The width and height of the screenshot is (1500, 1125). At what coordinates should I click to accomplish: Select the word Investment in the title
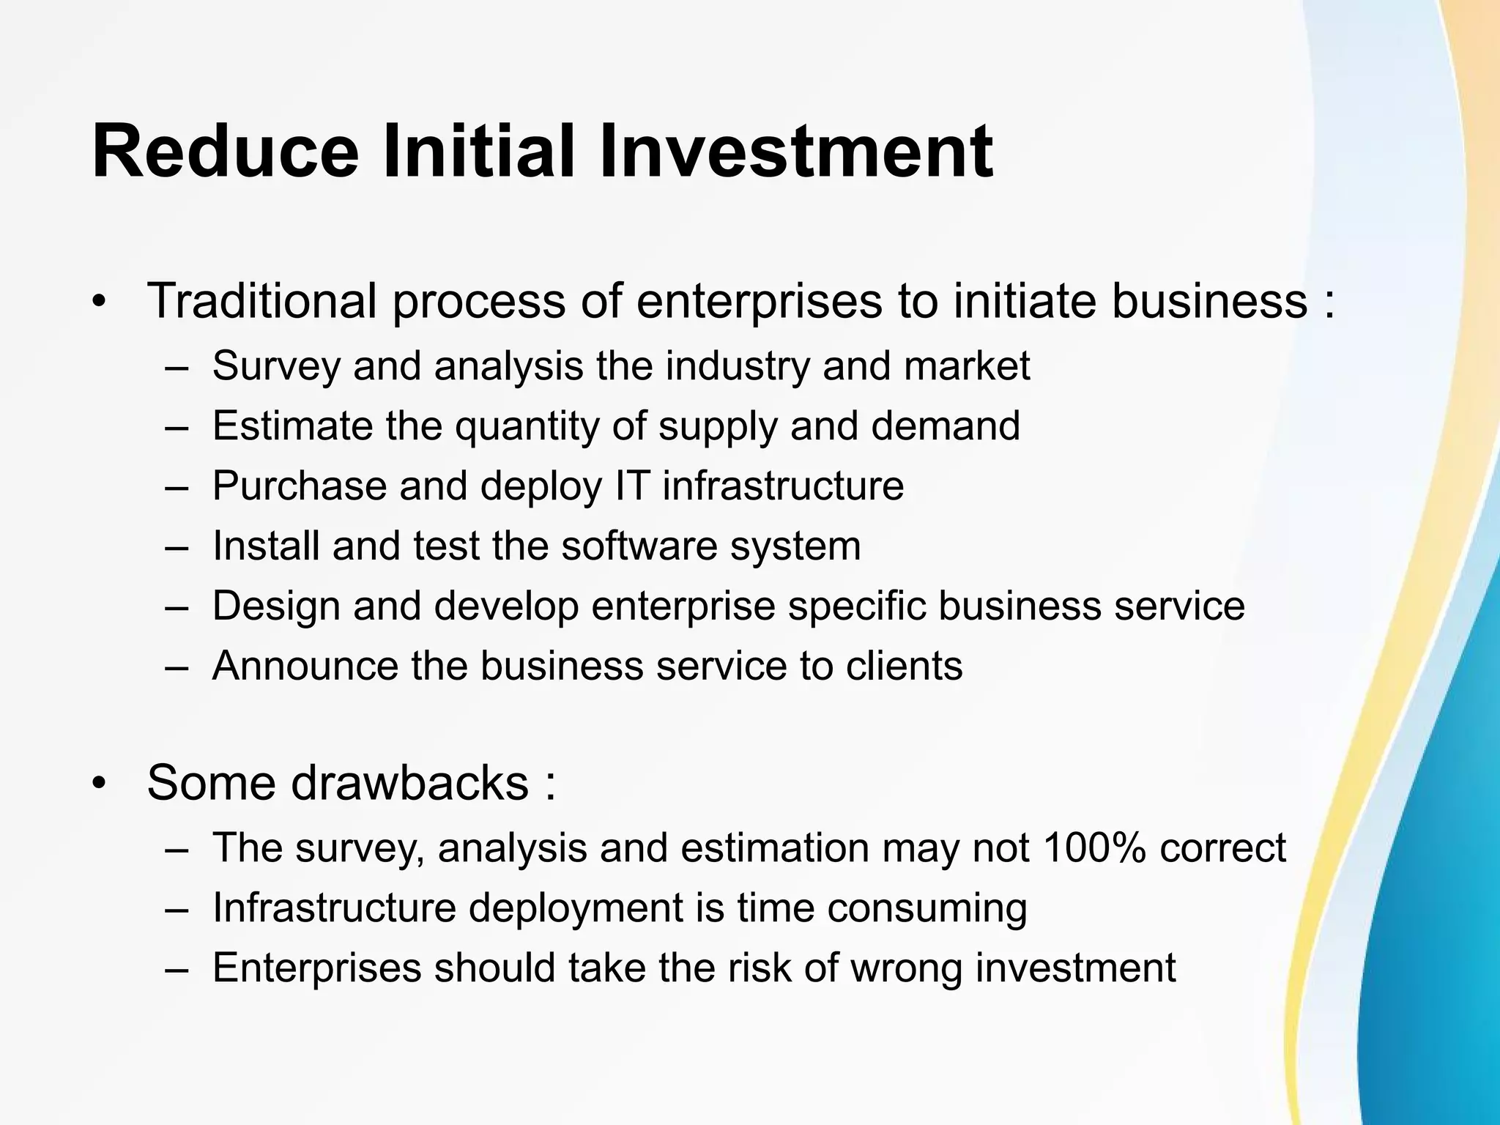[x=795, y=152]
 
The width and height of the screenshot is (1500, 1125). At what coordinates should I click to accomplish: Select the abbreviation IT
[x=628, y=486]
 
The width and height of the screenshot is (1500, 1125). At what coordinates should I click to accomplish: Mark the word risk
[x=759, y=968]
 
